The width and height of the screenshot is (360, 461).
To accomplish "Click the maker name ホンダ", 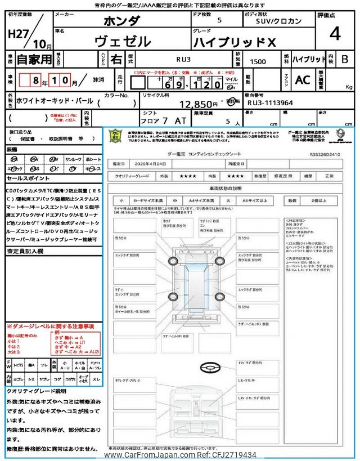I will point(124,21).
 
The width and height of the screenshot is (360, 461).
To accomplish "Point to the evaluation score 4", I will point(335,34).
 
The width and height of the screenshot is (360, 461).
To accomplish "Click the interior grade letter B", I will point(345,59).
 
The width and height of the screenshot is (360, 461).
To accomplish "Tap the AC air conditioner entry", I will point(303,80).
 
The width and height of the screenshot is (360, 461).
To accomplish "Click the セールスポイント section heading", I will point(28,178).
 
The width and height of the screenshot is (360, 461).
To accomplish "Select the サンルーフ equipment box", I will point(73,159).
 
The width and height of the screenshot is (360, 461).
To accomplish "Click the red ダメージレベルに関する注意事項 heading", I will point(50,326).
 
